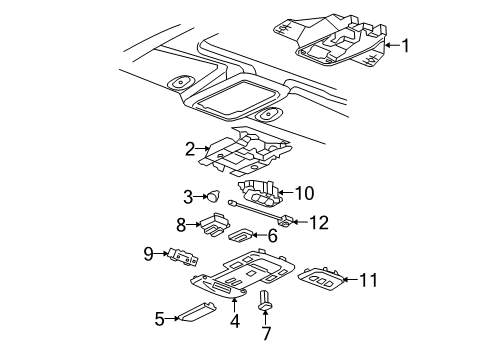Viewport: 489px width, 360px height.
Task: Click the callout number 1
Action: [406, 44]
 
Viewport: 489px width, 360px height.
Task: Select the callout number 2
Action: [188, 150]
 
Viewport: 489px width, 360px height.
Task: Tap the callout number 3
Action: [187, 196]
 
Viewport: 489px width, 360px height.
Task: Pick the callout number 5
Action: [158, 319]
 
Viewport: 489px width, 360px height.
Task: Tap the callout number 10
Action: [305, 193]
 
